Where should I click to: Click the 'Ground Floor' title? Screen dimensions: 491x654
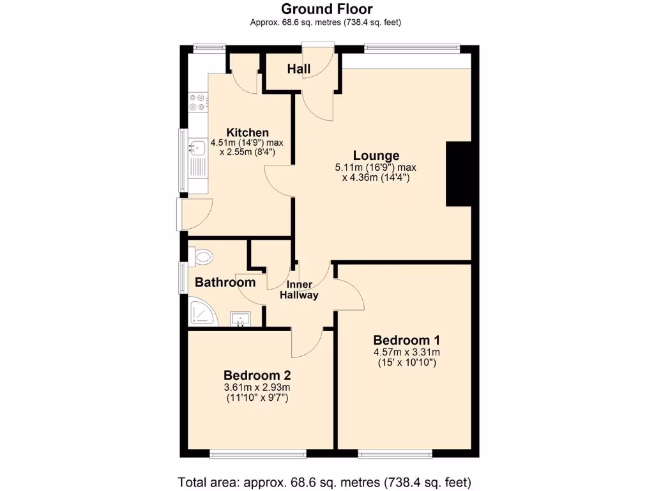326,9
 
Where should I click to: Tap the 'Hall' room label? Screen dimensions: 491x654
299,69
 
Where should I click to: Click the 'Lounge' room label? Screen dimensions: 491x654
376,155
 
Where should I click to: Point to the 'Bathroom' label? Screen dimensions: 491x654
225,282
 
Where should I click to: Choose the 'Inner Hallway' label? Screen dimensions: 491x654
299,290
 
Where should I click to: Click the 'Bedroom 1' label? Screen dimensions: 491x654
406,339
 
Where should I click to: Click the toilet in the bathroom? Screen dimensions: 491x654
202,257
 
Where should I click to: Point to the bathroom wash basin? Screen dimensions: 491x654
241,318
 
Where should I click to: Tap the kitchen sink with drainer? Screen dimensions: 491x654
197,159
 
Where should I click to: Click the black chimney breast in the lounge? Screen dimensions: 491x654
458,174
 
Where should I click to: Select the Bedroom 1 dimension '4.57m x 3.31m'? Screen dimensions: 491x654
406,352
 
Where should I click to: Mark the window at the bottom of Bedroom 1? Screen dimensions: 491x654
395,454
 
